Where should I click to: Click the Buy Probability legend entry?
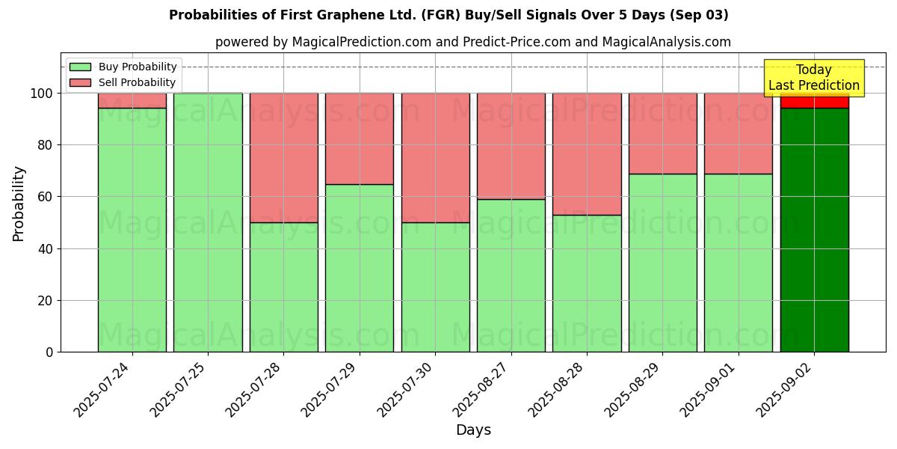coord(123,67)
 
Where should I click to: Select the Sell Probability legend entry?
coord(123,82)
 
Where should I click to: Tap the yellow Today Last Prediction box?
coord(813,78)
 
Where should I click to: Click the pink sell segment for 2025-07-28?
coord(283,158)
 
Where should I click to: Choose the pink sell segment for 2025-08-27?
coord(511,146)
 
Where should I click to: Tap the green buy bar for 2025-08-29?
coord(662,263)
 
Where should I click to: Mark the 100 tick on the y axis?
coord(42,94)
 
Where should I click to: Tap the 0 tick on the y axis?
coord(49,352)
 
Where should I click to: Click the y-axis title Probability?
coord(19,204)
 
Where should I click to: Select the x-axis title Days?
coord(473,430)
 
